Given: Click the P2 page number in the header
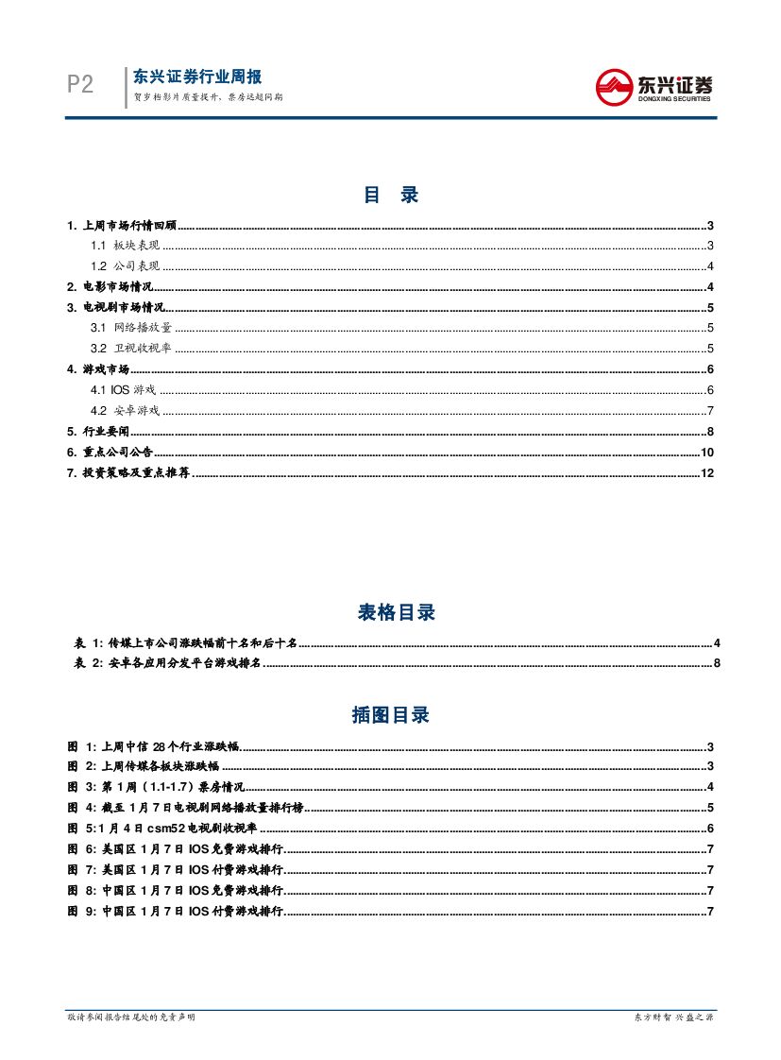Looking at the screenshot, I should pos(80,85).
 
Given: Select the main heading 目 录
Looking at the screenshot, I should pos(390,196).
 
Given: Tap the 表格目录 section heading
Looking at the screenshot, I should pos(396,613).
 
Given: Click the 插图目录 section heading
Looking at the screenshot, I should pos(390,715).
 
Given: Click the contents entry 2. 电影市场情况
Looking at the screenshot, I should pos(110,287).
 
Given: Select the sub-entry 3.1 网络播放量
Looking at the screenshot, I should pos(131,328).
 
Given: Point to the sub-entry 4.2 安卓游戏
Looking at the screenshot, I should pos(126,410).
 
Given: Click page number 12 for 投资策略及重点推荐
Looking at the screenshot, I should pos(706,471).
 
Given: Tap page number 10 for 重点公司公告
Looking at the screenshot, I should pos(706,452).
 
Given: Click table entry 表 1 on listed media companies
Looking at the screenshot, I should pos(185,643).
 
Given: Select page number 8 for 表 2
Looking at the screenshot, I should pos(717,664).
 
